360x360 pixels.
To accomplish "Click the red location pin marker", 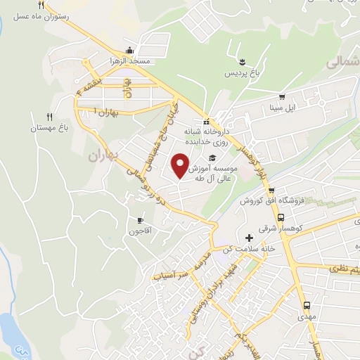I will click(x=182, y=165).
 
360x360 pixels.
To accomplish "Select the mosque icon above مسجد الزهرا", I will click(x=129, y=51).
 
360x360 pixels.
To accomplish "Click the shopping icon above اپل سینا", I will click(x=281, y=98).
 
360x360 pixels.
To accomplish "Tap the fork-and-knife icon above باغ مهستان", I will click(x=49, y=117).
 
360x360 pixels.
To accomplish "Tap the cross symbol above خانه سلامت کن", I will click(x=249, y=238).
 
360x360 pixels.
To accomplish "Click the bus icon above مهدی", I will click(x=307, y=305).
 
